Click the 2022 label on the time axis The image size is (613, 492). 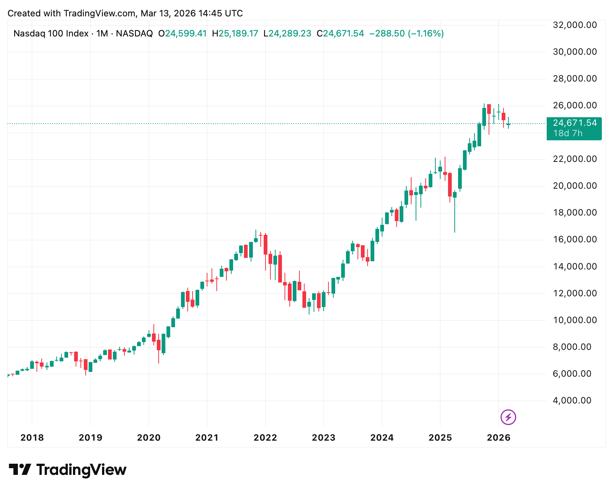click(x=265, y=438)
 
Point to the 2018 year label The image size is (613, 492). click(x=32, y=438)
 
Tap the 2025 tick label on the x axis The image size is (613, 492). click(x=440, y=438)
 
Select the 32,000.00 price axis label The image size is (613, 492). click(x=575, y=25)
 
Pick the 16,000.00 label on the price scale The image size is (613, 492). click(x=575, y=240)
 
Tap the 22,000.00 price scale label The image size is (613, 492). click(x=575, y=159)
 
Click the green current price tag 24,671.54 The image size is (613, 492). click(x=575, y=123)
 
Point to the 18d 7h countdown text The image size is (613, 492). click(x=568, y=133)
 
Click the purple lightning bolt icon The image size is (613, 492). click(x=508, y=417)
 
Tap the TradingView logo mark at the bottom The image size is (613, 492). click(x=20, y=470)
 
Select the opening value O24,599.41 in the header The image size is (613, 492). click(x=182, y=34)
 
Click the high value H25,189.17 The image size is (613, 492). click(x=235, y=34)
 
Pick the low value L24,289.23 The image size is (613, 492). click(x=287, y=34)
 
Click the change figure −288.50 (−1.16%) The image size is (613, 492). click(x=406, y=34)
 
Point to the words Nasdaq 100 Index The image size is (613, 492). click(x=51, y=34)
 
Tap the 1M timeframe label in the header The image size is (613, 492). click(x=102, y=34)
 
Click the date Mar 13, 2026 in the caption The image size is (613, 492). click(x=168, y=14)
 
